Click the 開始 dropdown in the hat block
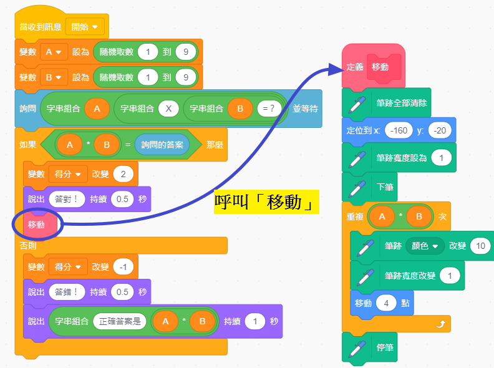pos(85,27)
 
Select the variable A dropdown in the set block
pos(54,52)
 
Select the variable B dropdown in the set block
pos(54,77)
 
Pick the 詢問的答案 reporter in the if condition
pos(162,145)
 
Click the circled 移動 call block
pos(36,225)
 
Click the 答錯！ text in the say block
pos(66,291)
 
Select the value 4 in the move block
pos(387,303)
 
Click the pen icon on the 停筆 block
pos(357,347)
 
